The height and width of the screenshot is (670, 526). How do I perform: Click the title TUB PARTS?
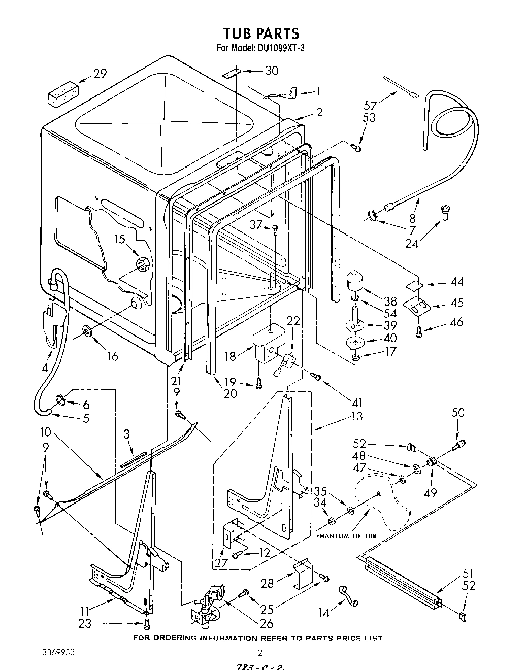click(x=261, y=33)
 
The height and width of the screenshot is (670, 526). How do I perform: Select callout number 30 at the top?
click(x=271, y=71)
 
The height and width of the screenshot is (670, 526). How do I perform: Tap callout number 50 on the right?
click(x=457, y=412)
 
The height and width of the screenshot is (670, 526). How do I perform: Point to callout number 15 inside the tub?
click(x=119, y=238)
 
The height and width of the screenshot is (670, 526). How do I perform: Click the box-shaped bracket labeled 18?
click(x=270, y=345)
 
